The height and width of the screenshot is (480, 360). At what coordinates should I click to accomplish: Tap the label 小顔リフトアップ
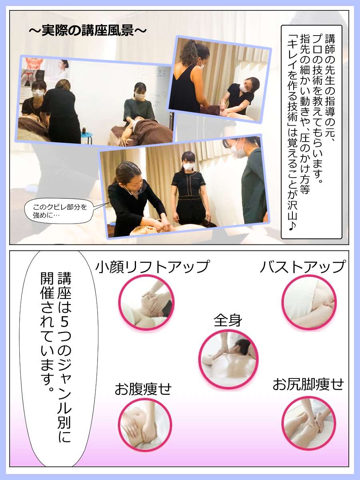click(152, 266)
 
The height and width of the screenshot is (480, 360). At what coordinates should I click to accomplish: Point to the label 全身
click(228, 320)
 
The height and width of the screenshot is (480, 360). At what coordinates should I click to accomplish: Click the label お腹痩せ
click(143, 390)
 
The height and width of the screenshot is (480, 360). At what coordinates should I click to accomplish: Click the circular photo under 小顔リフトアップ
click(146, 302)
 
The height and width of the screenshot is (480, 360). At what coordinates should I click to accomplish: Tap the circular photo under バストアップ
click(309, 302)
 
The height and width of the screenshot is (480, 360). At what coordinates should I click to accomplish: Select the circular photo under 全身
click(228, 359)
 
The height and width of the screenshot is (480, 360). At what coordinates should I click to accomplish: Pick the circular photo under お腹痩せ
click(145, 425)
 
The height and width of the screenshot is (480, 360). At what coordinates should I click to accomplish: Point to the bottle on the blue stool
click(84, 130)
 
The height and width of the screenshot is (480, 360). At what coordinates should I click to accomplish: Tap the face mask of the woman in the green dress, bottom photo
click(238, 150)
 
